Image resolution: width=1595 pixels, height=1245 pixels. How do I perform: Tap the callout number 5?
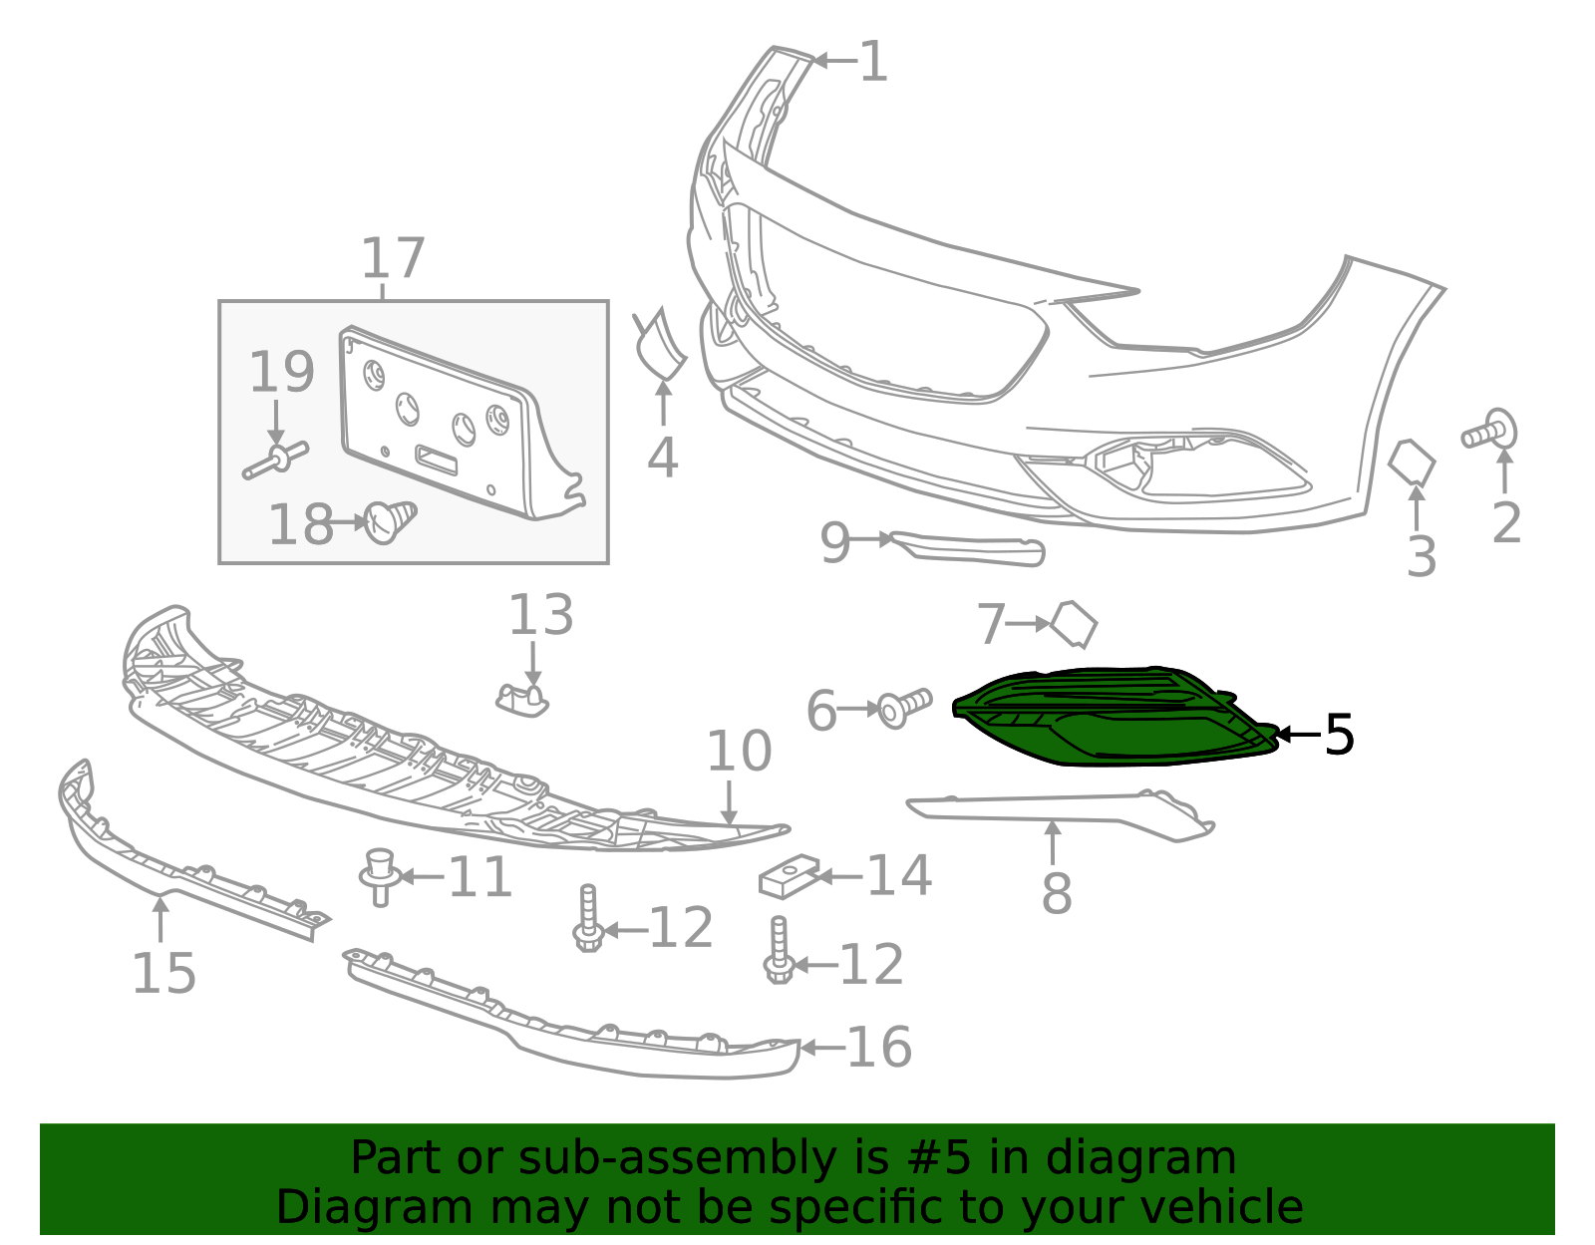[x=1339, y=735]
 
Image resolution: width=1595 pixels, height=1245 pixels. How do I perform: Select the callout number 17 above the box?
[x=394, y=257]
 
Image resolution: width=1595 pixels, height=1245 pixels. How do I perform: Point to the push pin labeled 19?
[x=276, y=460]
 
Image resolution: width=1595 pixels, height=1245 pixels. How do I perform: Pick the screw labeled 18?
[x=391, y=521]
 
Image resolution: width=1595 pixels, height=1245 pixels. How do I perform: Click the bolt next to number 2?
[x=1490, y=430]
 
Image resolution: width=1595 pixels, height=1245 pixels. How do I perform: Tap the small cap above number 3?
[x=1411, y=463]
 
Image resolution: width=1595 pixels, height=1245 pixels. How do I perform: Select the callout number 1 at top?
[x=873, y=61]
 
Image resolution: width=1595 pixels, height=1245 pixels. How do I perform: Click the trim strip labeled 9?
[x=967, y=549]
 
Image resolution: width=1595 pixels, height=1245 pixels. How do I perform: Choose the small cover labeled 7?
[x=1074, y=624]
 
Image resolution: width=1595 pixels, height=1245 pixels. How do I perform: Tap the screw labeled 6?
[x=905, y=708]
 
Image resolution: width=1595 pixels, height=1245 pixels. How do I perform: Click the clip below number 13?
[x=522, y=701]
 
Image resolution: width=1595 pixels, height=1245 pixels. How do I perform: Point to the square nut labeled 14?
[x=789, y=877]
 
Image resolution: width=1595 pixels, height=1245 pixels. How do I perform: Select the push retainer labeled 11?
[x=380, y=877]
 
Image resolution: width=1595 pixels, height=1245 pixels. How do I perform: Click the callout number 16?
[x=879, y=1048]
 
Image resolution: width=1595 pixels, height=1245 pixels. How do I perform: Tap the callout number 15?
[x=163, y=974]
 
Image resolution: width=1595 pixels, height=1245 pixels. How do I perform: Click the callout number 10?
[x=739, y=752]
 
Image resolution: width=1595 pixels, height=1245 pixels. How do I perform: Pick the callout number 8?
[x=1057, y=893]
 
